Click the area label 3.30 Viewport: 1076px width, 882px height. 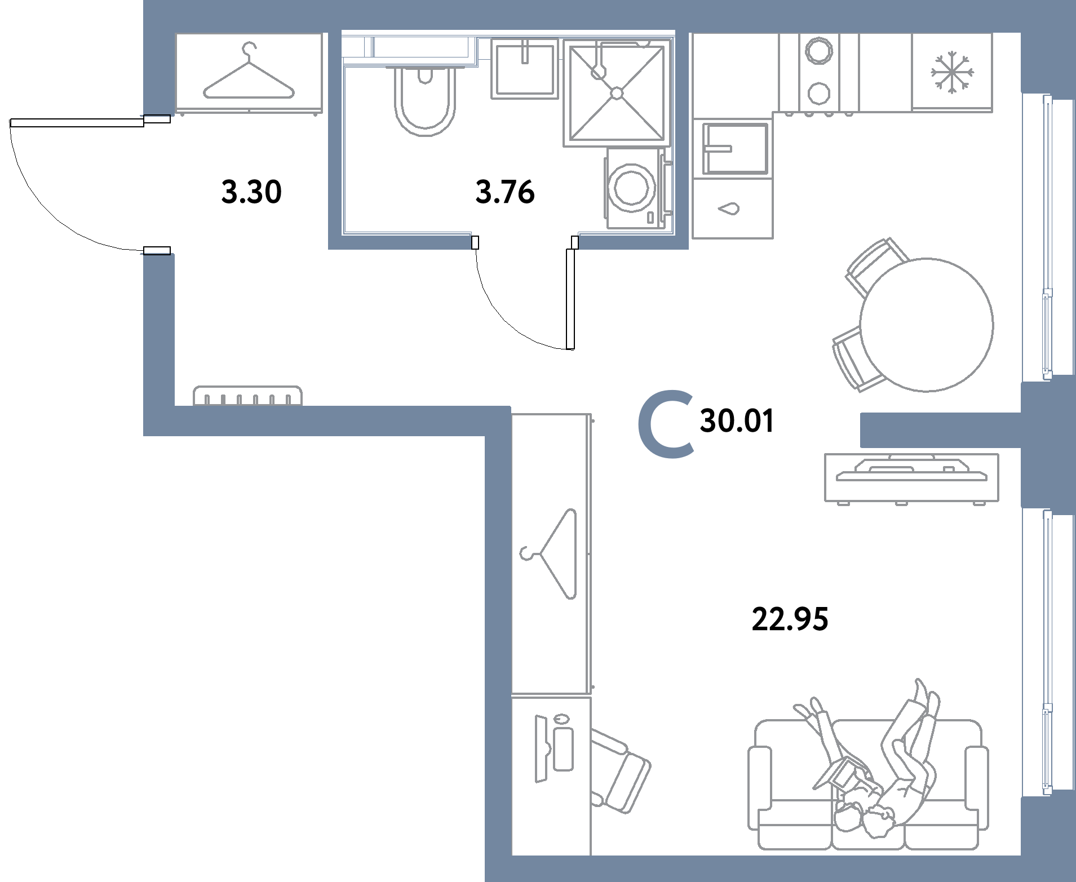(x=251, y=192)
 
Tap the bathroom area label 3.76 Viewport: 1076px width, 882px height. (x=504, y=192)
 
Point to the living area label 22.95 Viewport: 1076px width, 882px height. (x=790, y=620)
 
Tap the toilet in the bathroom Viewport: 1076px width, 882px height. (x=424, y=100)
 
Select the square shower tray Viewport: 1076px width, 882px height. (x=617, y=92)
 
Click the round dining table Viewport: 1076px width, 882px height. (x=926, y=325)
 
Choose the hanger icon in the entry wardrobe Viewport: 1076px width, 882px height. (x=249, y=73)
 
